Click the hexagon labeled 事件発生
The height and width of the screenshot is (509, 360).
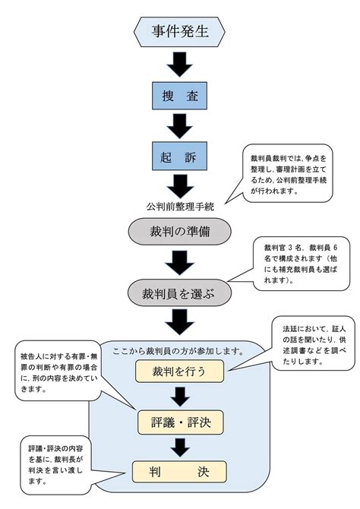coord(179,31)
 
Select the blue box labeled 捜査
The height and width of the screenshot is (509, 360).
coord(179,96)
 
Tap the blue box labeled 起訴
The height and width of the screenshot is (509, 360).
coord(179,156)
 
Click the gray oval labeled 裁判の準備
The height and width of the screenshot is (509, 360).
coord(179,232)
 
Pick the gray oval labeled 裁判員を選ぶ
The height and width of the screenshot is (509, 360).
coord(179,292)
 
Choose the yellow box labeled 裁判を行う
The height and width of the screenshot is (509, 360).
coord(179,371)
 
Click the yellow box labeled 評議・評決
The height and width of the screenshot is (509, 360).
coord(181,422)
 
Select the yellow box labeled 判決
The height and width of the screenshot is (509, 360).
coord(179,471)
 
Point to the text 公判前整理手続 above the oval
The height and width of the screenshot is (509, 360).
coord(180,207)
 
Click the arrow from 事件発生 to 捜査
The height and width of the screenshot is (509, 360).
coord(180,65)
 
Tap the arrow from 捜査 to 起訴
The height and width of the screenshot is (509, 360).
coord(180,126)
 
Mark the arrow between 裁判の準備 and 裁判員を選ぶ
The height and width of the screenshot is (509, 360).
coord(179,263)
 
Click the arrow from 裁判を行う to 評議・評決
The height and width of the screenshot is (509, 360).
coord(180,397)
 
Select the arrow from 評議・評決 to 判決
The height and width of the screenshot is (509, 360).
coord(181,447)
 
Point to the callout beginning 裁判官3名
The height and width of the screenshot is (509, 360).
coord(301,264)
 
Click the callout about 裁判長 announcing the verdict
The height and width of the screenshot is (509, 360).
coord(55,464)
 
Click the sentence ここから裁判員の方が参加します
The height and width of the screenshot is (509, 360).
coord(178,351)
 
